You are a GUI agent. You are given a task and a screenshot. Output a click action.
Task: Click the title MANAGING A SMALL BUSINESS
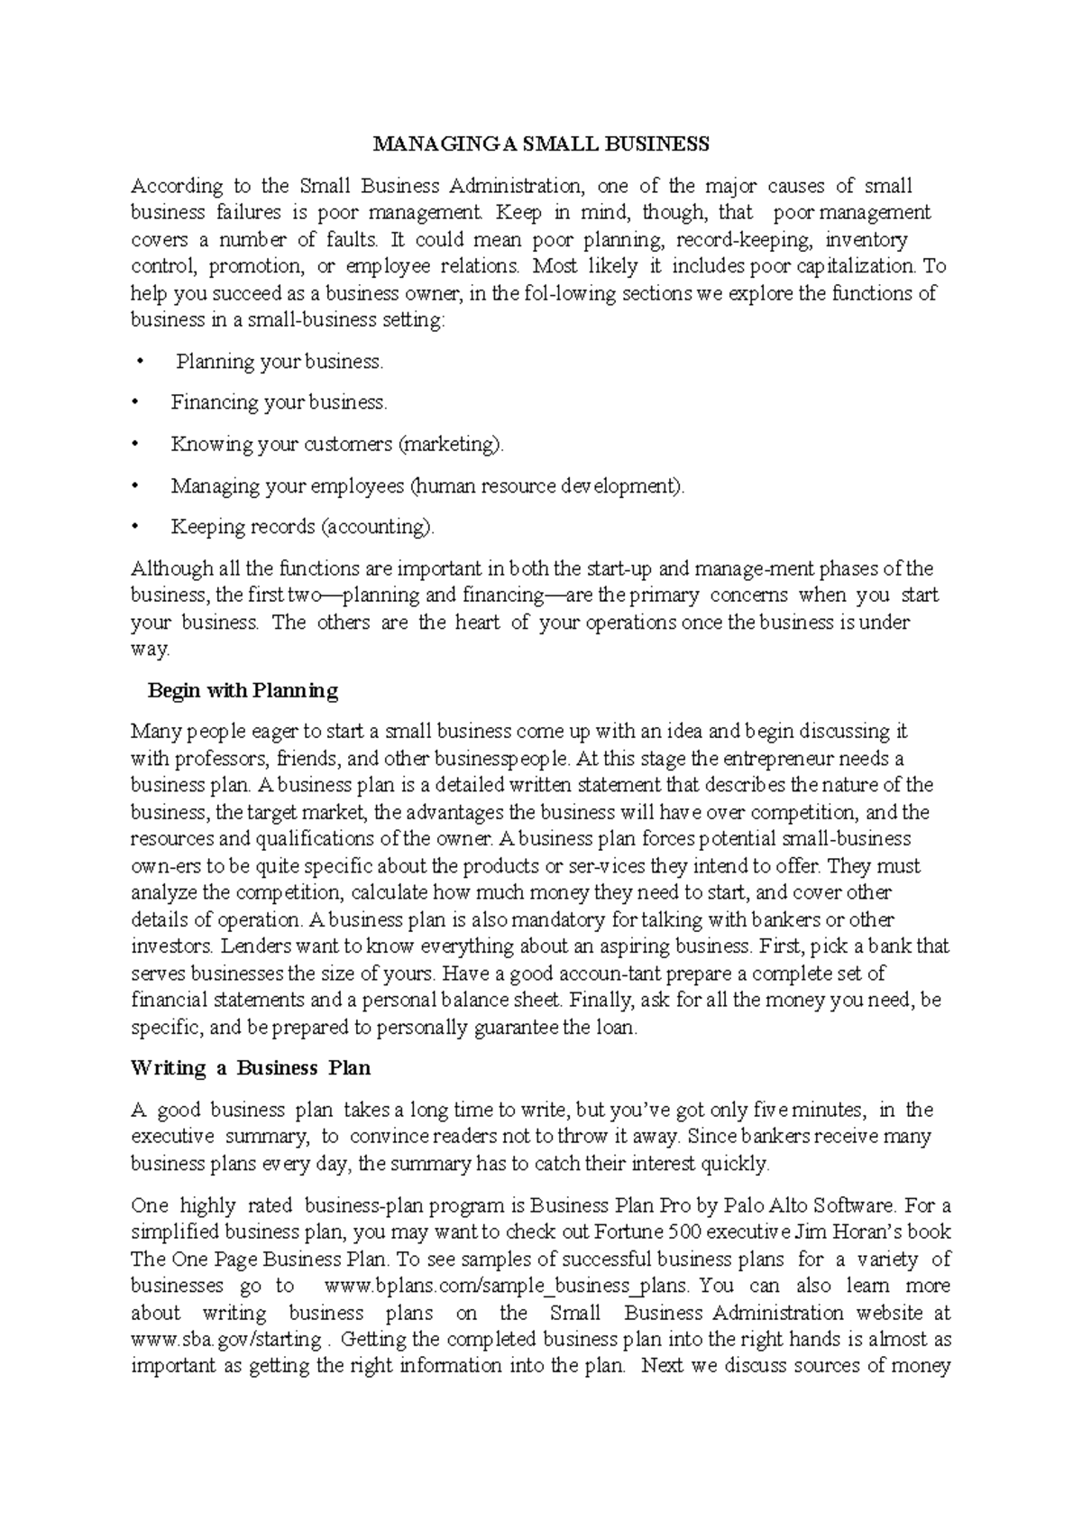click(x=542, y=144)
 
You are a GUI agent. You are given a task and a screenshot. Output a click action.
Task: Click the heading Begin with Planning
click(x=243, y=691)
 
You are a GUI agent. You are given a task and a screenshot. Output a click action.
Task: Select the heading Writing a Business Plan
click(x=251, y=1068)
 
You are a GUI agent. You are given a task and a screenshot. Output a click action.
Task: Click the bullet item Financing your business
click(x=279, y=402)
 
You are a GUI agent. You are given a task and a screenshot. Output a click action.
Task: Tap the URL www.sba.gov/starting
click(x=226, y=1339)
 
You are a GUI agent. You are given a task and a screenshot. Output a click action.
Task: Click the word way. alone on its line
click(x=150, y=650)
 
